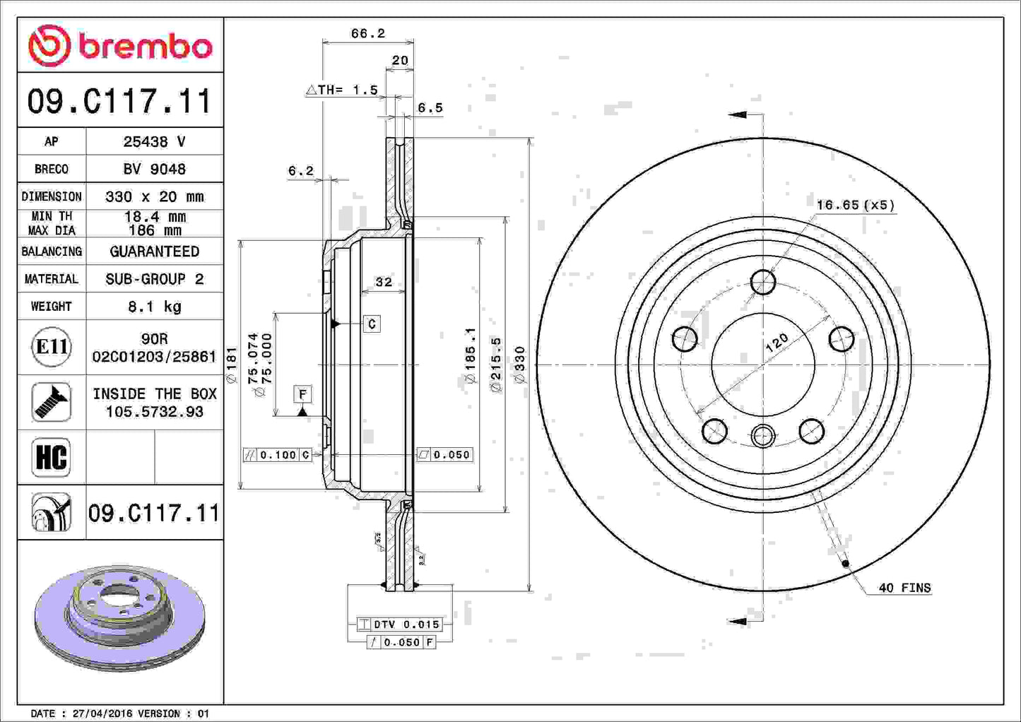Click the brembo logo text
[x=145, y=47]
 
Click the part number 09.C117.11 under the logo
[x=119, y=101]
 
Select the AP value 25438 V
[x=154, y=141]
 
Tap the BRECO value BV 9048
[x=154, y=169]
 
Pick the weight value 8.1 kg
[x=154, y=306]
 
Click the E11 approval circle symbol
[x=52, y=347]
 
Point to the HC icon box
[x=52, y=457]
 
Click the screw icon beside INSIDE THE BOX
[x=52, y=402]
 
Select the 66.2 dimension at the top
[x=367, y=33]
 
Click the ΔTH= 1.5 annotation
[x=342, y=90]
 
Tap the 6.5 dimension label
[x=430, y=108]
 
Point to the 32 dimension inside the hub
[x=383, y=282]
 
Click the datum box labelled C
[x=372, y=324]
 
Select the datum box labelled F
[x=302, y=393]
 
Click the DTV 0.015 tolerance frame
[x=400, y=625]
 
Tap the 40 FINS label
[x=904, y=588]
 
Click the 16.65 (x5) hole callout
[x=855, y=205]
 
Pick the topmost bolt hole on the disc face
[x=763, y=282]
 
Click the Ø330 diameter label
[x=520, y=365]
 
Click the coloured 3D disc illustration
[x=120, y=616]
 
